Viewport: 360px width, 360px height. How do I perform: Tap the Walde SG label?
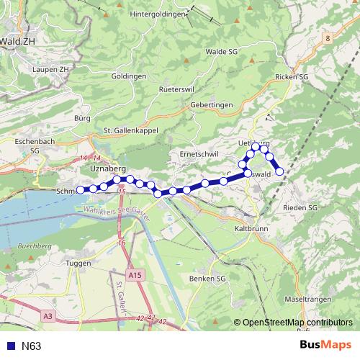click(x=221, y=52)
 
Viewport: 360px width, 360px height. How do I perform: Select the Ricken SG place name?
click(x=292, y=76)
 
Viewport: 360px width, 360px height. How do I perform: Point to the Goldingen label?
click(x=130, y=76)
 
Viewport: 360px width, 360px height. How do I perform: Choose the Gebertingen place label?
click(x=212, y=104)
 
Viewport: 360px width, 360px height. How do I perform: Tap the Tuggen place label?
click(x=78, y=263)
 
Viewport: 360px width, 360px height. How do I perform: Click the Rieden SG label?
click(x=301, y=208)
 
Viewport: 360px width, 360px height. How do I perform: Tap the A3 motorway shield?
click(x=47, y=315)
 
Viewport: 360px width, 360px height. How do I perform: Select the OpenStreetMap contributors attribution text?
click(x=297, y=323)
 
